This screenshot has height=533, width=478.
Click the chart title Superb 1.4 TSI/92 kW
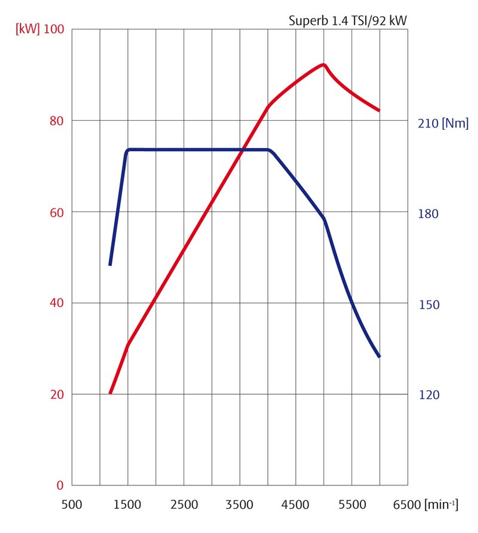tap(347, 21)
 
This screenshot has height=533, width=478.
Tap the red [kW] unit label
tap(27, 29)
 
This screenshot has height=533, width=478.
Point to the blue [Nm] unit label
tap(455, 123)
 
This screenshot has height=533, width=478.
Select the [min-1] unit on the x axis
tap(441, 504)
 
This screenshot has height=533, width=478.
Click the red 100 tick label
tap(54, 29)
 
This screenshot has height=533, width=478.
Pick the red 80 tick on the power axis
tap(56, 121)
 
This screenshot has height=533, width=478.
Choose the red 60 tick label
tap(56, 212)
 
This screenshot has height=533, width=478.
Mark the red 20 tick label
tap(57, 394)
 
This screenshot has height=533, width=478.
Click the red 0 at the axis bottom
tap(60, 485)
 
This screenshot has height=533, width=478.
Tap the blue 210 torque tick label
tap(428, 123)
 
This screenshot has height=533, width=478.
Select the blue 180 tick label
tap(428, 214)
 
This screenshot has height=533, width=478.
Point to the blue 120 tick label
tap(429, 395)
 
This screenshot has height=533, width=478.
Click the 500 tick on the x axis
tap(72, 505)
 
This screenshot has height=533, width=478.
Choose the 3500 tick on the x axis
tap(239, 505)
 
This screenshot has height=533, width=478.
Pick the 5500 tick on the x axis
tap(352, 505)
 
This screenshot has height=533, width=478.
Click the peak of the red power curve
tap(323, 65)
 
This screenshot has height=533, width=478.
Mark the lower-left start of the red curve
tap(110, 393)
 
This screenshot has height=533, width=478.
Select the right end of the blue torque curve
tap(379, 356)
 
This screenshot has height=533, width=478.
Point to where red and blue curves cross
tap(242, 150)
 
